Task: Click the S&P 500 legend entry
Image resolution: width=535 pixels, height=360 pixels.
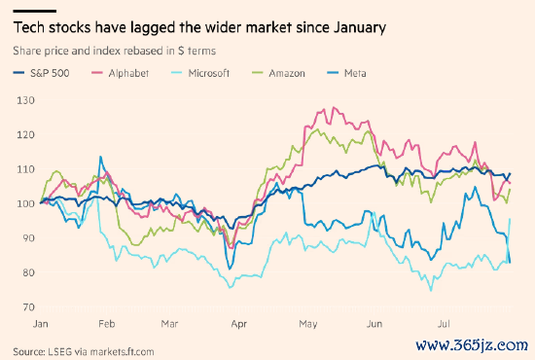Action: click(41, 73)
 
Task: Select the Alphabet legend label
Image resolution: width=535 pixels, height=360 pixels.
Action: click(121, 73)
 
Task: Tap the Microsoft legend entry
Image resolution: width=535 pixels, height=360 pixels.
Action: click(200, 73)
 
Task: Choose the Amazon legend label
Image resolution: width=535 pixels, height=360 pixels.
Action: click(278, 73)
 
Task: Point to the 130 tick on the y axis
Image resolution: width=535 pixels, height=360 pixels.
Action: click(25, 100)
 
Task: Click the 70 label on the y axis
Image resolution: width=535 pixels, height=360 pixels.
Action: click(28, 307)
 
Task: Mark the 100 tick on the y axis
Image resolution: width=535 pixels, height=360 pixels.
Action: click(25, 203)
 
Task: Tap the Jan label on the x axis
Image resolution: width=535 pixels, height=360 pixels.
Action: click(40, 323)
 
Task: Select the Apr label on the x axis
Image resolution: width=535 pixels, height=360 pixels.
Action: click(239, 324)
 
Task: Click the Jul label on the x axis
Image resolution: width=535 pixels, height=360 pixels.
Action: click(444, 323)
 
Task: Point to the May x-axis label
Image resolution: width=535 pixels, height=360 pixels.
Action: click(308, 324)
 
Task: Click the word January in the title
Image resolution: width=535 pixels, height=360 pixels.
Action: click(360, 27)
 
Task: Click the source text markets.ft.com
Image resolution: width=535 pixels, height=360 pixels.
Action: click(122, 351)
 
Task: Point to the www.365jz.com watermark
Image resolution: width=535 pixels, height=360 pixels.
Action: click(472, 345)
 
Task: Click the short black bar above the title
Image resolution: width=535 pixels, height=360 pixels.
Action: click(34, 12)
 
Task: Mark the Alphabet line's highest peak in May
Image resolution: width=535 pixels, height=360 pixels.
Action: click(334, 107)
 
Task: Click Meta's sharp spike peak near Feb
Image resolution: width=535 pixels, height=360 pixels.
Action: click(100, 157)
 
